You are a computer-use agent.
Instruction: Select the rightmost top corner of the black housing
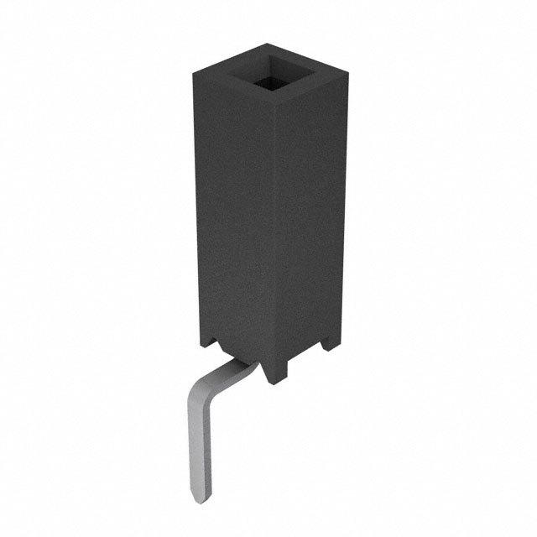click(345, 80)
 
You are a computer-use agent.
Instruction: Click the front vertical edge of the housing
click(274, 243)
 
